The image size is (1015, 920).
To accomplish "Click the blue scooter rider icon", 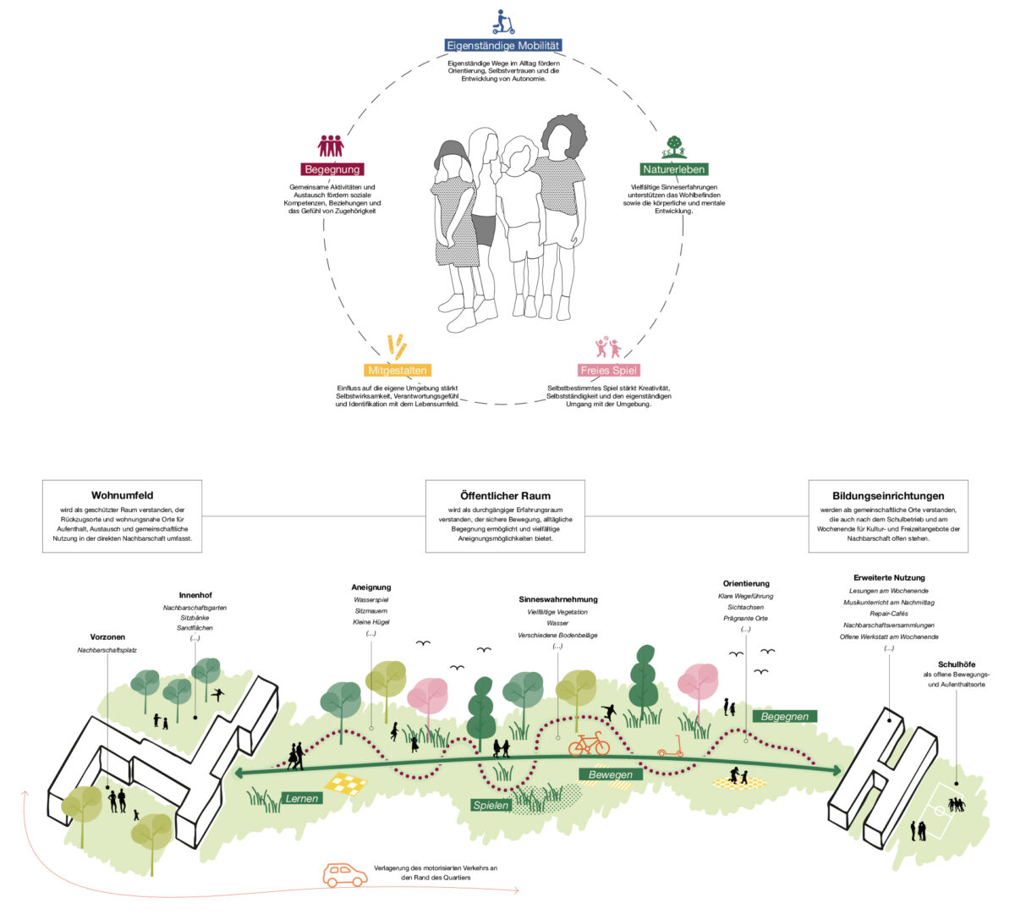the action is pyautogui.click(x=503, y=22).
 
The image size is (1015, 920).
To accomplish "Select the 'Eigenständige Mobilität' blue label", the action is pyautogui.click(x=503, y=46).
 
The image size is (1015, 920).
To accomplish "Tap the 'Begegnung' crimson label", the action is pyautogui.click(x=332, y=169).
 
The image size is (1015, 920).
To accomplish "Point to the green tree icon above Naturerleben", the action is pyautogui.click(x=673, y=146).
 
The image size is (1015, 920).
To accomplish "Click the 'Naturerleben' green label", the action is pyautogui.click(x=673, y=169).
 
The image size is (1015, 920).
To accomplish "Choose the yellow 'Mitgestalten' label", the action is pyautogui.click(x=398, y=370).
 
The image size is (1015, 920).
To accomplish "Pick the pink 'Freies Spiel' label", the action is pyautogui.click(x=609, y=370).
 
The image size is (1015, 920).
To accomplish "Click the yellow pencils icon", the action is pyautogui.click(x=398, y=347).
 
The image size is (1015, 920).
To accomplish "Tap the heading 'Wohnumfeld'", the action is pyautogui.click(x=122, y=495).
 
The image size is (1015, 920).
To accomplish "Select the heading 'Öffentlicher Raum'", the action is pyautogui.click(x=505, y=496).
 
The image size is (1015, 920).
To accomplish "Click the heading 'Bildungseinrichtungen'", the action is pyautogui.click(x=888, y=496).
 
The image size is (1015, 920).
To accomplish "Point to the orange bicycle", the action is pyautogui.click(x=589, y=744).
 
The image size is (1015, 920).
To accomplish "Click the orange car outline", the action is pyautogui.click(x=345, y=875).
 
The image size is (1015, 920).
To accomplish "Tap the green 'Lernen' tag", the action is pyautogui.click(x=302, y=798).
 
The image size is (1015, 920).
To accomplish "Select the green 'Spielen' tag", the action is pyautogui.click(x=491, y=805).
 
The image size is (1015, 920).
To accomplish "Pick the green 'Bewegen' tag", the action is pyautogui.click(x=610, y=774).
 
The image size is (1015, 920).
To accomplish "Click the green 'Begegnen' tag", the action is pyautogui.click(x=784, y=717).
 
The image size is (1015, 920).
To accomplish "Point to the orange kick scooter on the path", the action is pyautogui.click(x=671, y=746).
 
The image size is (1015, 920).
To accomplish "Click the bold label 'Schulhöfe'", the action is pyautogui.click(x=957, y=664).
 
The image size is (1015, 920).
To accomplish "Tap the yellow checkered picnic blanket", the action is pyautogui.click(x=346, y=783).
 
